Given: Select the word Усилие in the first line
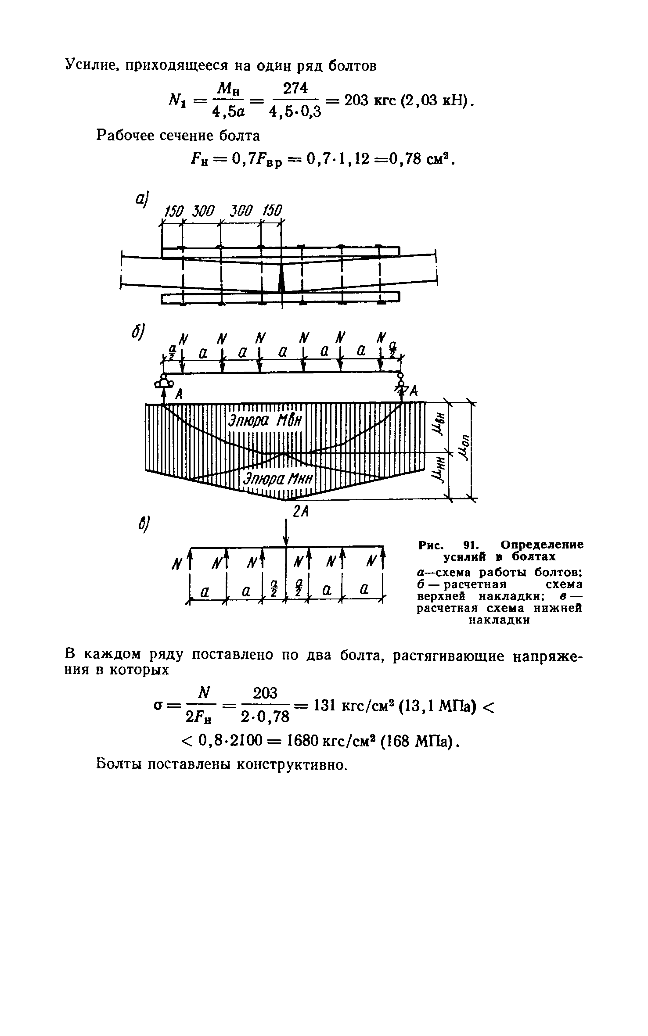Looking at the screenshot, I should (x=91, y=65).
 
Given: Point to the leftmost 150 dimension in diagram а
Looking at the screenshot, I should (x=173, y=212).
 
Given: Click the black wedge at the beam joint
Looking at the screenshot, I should (x=281, y=278).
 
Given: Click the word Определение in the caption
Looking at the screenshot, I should (x=542, y=545).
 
